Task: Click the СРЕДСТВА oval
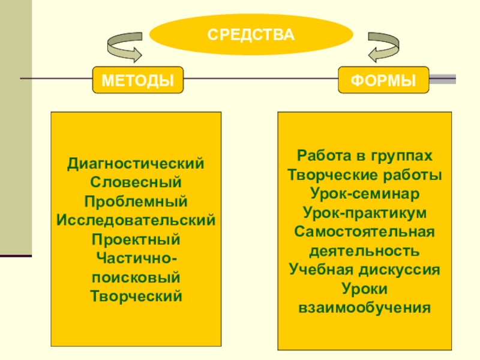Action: [x=251, y=34]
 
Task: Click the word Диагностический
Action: [x=136, y=163]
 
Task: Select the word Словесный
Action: [x=136, y=181]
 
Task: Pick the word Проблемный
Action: [x=136, y=200]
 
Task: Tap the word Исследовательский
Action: [x=136, y=220]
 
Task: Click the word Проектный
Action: [x=136, y=239]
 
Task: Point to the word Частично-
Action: [x=136, y=258]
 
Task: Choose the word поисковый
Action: [x=136, y=277]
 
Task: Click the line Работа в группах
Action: [x=364, y=155]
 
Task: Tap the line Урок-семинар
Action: [x=364, y=193]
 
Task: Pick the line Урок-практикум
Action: [x=364, y=212]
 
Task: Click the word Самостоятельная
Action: [x=364, y=232]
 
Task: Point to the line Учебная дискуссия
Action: [x=364, y=269]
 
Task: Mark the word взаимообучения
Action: [x=364, y=308]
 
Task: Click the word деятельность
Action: [x=364, y=250]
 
